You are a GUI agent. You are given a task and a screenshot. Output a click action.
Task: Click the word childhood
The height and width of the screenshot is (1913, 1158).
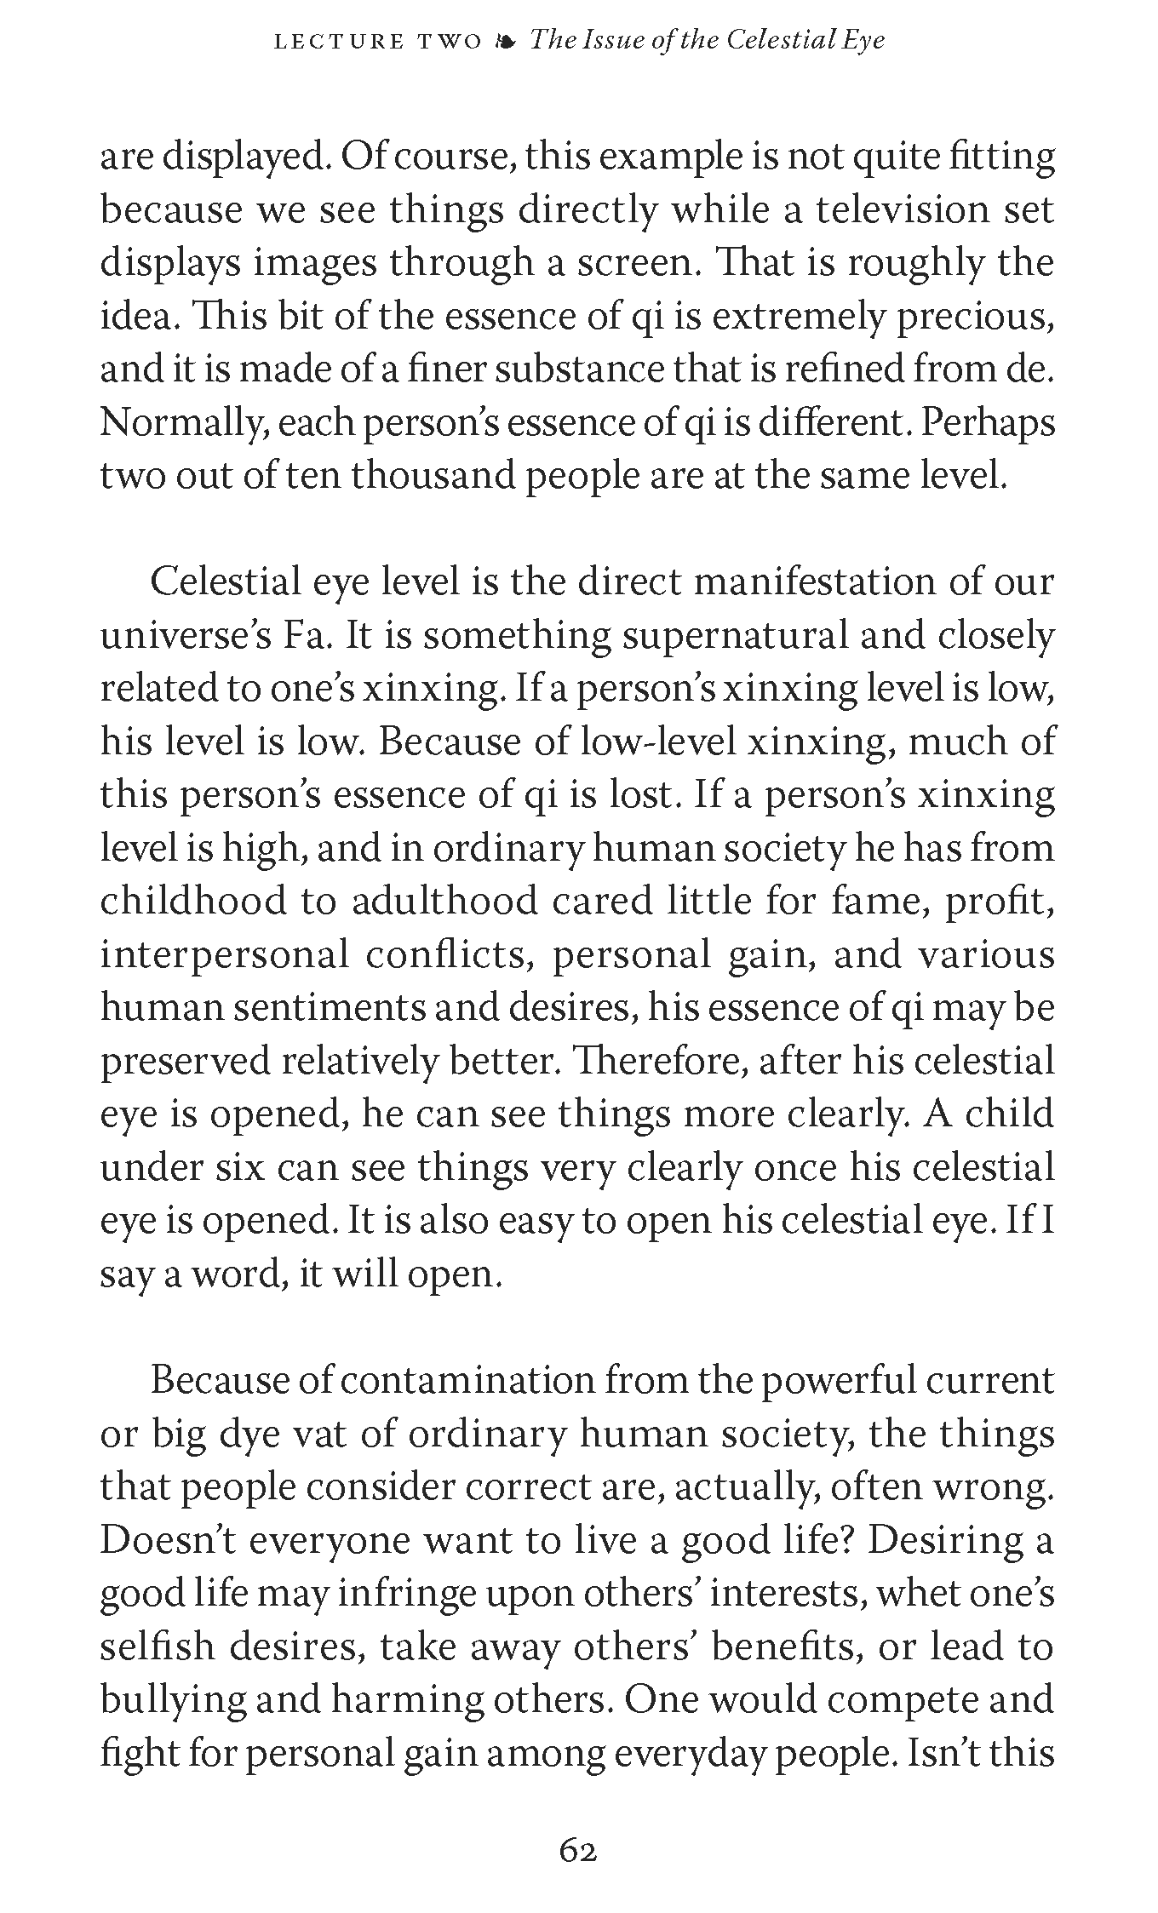(x=193, y=901)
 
